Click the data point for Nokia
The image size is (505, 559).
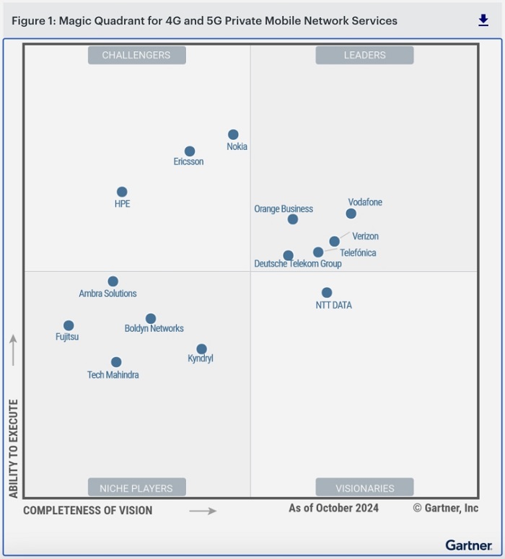[233, 134]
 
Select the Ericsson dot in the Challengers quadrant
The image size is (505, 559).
[189, 151]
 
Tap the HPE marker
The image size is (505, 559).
[122, 192]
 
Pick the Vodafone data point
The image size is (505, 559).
[351, 214]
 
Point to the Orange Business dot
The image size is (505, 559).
[292, 219]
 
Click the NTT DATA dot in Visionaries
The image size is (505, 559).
[327, 292]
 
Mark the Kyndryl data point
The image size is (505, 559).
[201, 349]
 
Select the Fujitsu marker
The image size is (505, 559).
[69, 325]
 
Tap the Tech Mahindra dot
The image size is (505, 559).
[116, 362]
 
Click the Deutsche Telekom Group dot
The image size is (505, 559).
[288, 255]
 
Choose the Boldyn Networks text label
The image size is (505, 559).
[154, 329]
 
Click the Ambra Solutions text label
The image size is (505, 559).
[107, 294]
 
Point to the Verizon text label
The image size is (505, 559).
[365, 237]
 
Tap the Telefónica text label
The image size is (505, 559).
[358, 253]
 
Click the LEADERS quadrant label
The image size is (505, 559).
[364, 55]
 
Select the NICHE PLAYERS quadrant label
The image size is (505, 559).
[136, 488]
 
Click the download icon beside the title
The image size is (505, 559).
[483, 21]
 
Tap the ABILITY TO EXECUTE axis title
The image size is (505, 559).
[13, 448]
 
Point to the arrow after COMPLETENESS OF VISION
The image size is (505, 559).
[203, 511]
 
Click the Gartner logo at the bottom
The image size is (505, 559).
[468, 545]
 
